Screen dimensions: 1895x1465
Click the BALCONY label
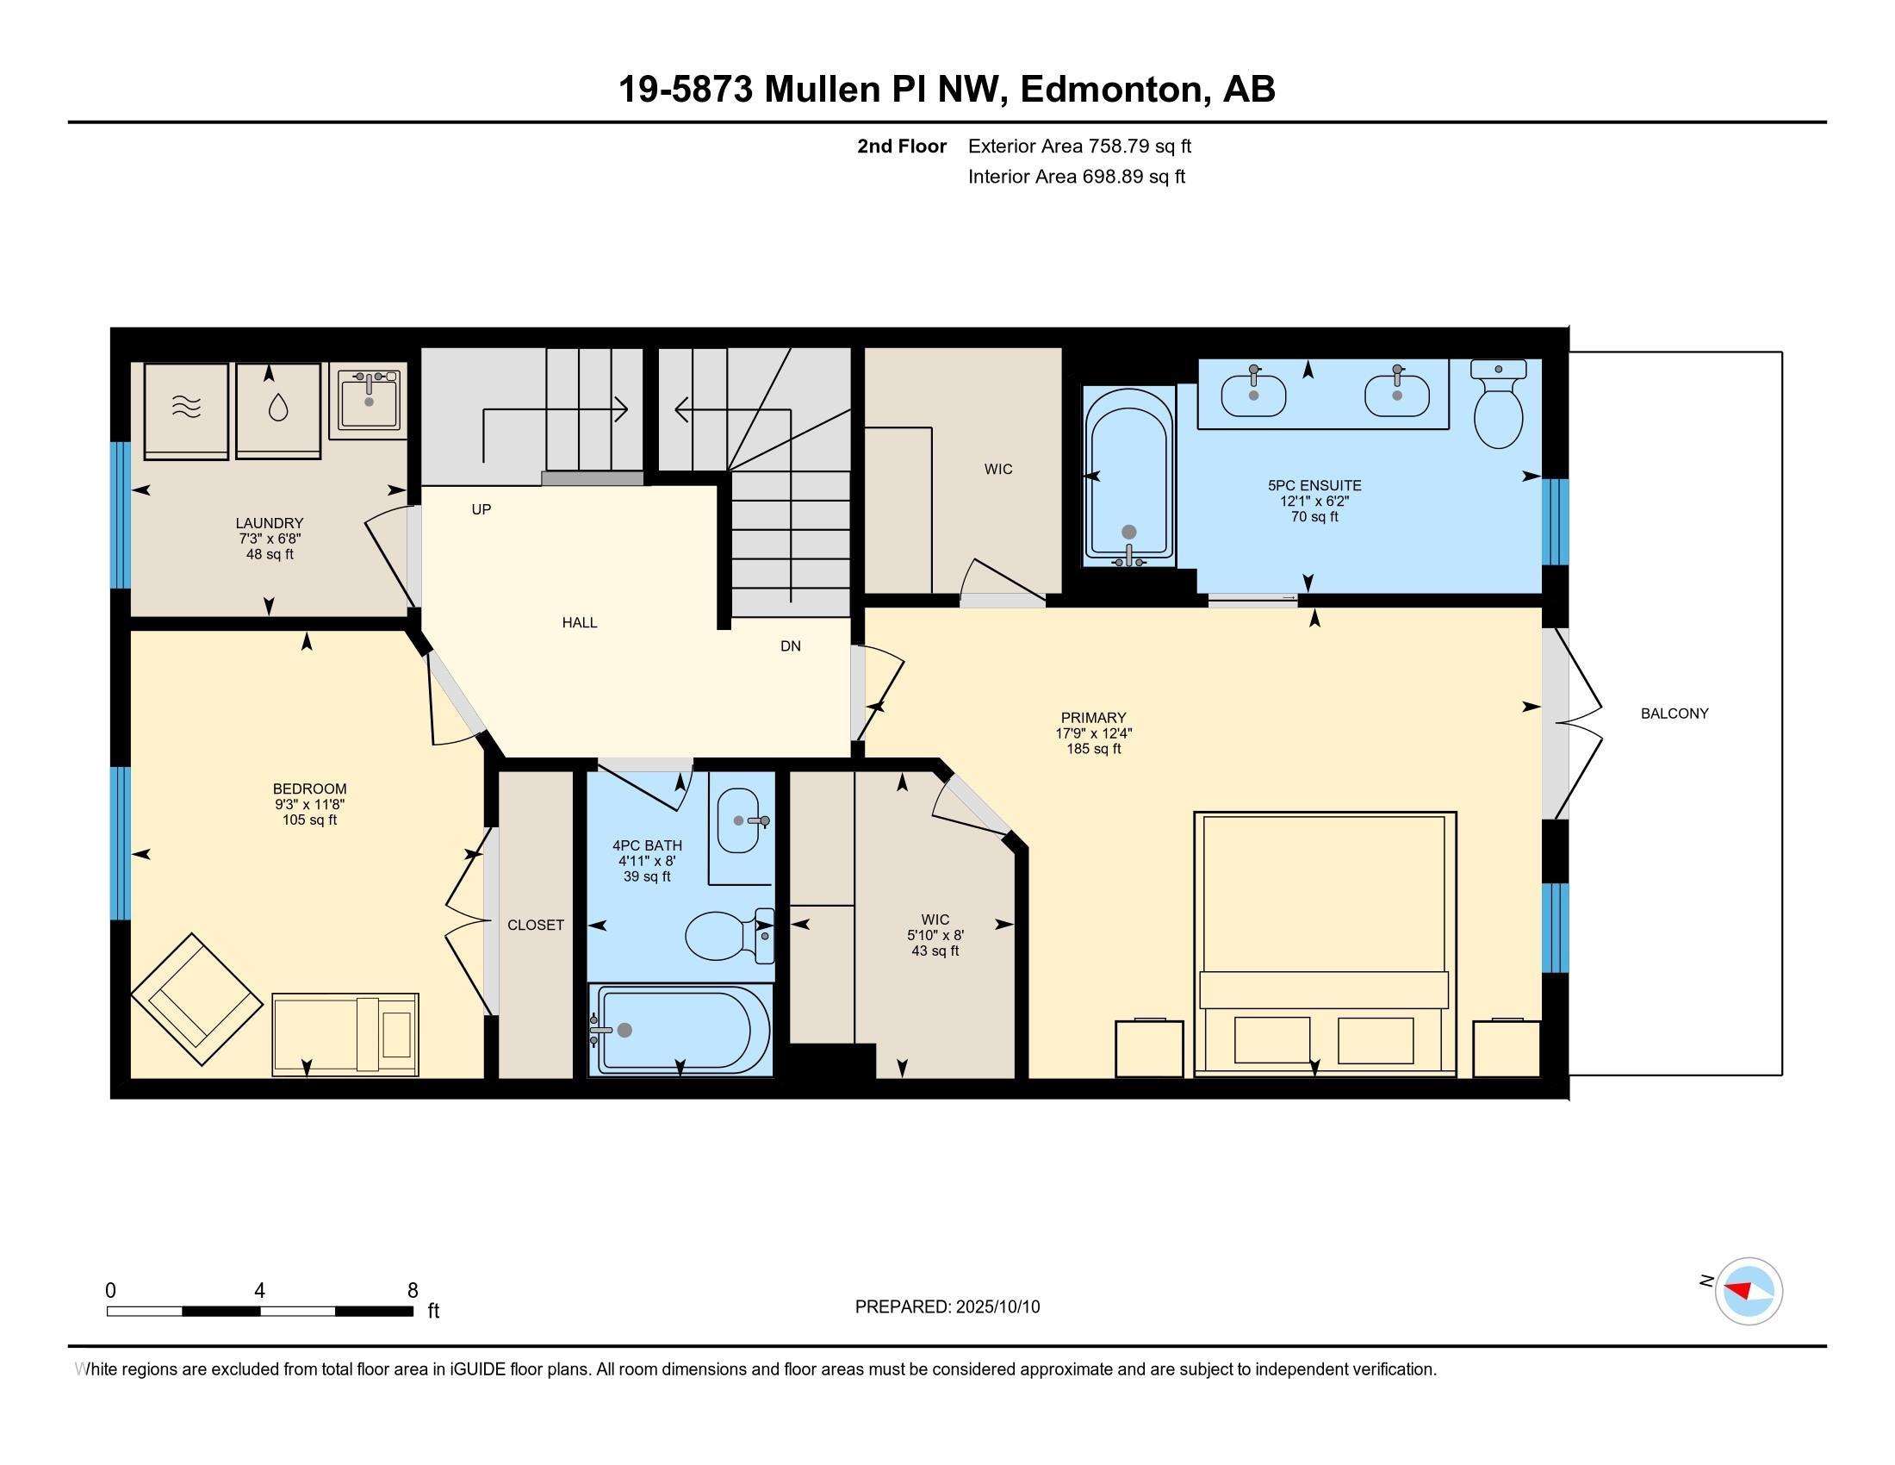pos(1674,714)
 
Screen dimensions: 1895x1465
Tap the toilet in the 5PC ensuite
pos(1499,404)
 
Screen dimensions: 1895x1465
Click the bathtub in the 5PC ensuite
pos(1129,477)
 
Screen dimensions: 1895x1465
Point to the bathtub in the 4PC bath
pos(680,1030)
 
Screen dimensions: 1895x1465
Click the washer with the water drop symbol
pos(277,410)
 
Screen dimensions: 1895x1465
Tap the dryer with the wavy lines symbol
pos(187,410)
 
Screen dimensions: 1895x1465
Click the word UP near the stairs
pos(482,509)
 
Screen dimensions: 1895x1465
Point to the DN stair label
pos(791,645)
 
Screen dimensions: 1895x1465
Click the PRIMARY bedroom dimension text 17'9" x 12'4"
pos(1093,733)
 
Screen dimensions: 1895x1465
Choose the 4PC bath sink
pos(740,820)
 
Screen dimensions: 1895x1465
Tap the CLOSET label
pos(536,926)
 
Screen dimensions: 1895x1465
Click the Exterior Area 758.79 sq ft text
pos(1079,146)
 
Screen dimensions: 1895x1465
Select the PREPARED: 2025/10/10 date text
pos(947,1306)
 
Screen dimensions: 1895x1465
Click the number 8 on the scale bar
pos(413,1290)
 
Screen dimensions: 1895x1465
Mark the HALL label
pos(580,622)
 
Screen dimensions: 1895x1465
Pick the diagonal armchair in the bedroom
pos(196,999)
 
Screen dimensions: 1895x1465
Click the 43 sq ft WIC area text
pos(935,951)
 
